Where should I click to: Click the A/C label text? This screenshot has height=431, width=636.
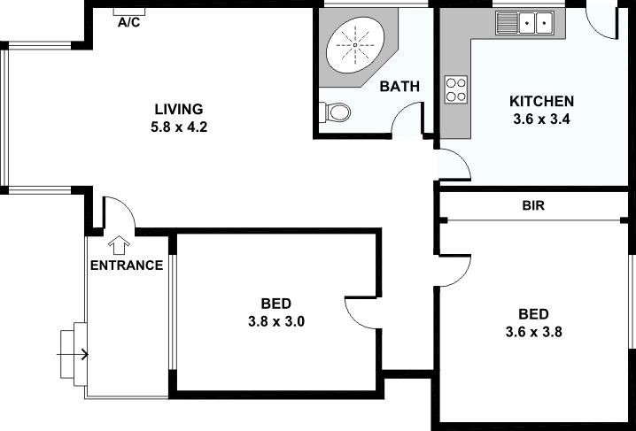click(x=129, y=23)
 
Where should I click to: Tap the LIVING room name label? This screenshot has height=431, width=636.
click(x=178, y=109)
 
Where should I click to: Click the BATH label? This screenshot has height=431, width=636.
click(x=399, y=86)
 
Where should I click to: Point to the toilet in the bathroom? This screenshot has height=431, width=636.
click(x=336, y=112)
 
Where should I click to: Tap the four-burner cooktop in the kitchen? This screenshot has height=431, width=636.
click(x=456, y=89)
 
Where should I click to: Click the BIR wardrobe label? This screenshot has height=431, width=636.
click(x=532, y=205)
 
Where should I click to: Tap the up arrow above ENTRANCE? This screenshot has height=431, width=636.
click(x=118, y=242)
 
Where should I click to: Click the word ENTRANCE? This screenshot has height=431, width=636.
click(x=126, y=265)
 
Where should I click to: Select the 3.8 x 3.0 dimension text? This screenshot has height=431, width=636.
click(x=276, y=321)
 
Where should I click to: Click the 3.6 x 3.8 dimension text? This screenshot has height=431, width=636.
click(x=533, y=333)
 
